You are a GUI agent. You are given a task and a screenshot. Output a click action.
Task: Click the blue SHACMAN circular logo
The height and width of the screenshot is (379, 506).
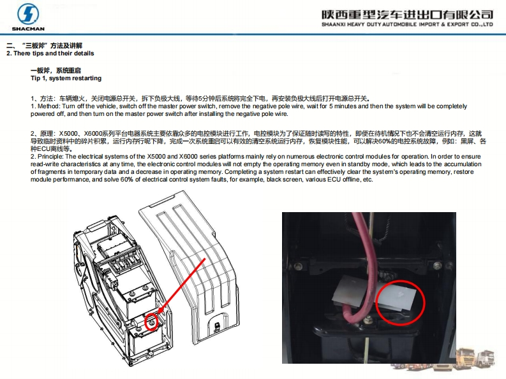[27, 14]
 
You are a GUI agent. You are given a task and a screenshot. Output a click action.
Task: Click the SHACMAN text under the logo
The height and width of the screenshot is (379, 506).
[28, 29]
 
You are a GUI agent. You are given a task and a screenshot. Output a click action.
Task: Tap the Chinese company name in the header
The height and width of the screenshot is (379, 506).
[407, 15]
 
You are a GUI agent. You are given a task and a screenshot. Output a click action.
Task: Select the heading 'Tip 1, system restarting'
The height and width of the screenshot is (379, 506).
[66, 78]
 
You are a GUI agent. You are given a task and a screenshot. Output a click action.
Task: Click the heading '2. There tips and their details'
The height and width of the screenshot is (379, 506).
[50, 54]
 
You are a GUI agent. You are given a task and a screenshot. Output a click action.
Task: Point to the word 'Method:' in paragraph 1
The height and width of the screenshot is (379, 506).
[49, 106]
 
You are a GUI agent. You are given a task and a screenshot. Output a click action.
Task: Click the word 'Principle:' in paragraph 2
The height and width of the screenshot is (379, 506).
[50, 157]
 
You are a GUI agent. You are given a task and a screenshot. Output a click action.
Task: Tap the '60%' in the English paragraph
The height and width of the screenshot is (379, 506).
[127, 180]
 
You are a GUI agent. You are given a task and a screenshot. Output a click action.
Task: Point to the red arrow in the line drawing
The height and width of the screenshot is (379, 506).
[182, 287]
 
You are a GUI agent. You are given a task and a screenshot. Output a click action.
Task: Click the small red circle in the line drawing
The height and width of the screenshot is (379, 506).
[151, 322]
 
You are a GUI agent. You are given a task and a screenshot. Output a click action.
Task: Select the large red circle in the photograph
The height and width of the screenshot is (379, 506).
[401, 303]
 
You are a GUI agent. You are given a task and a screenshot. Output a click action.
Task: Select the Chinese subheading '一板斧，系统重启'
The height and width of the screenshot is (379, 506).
[56, 71]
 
